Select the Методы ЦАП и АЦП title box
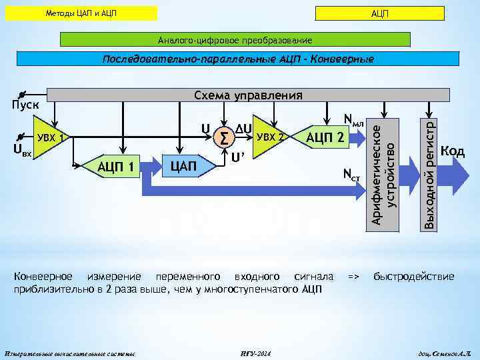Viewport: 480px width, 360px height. tap(86, 13)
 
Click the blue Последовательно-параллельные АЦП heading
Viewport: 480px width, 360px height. tap(238, 59)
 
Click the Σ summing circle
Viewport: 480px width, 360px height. tap(223, 138)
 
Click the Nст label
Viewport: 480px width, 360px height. tap(351, 175)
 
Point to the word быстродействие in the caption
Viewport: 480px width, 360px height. tap(413, 276)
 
